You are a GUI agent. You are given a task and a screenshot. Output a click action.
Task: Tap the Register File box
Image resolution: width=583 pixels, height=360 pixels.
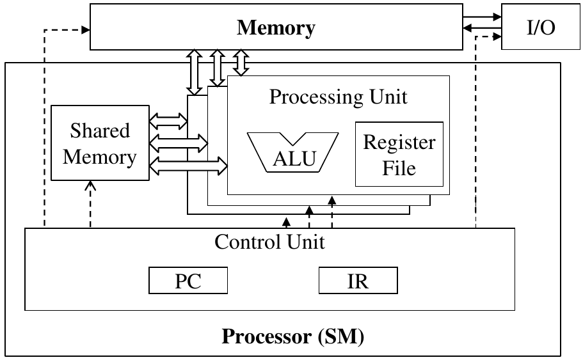(x=399, y=154)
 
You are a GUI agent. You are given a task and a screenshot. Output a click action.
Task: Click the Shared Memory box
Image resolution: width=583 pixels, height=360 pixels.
(x=100, y=144)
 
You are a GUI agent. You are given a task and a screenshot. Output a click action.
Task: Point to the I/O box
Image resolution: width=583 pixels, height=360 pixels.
(x=532, y=26)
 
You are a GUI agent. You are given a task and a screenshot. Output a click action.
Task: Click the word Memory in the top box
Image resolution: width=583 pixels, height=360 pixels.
(x=276, y=28)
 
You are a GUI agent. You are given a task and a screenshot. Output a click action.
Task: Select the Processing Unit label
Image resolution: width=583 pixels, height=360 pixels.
(x=338, y=97)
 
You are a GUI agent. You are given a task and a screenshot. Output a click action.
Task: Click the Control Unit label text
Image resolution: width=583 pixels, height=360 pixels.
(x=269, y=242)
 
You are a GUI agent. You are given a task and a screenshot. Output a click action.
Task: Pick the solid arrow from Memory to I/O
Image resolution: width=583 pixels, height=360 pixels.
(x=481, y=17)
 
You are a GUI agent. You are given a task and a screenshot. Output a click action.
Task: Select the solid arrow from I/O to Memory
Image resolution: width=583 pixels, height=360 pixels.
(x=481, y=27)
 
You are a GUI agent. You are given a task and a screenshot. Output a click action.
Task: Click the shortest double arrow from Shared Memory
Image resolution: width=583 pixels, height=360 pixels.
(x=168, y=119)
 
